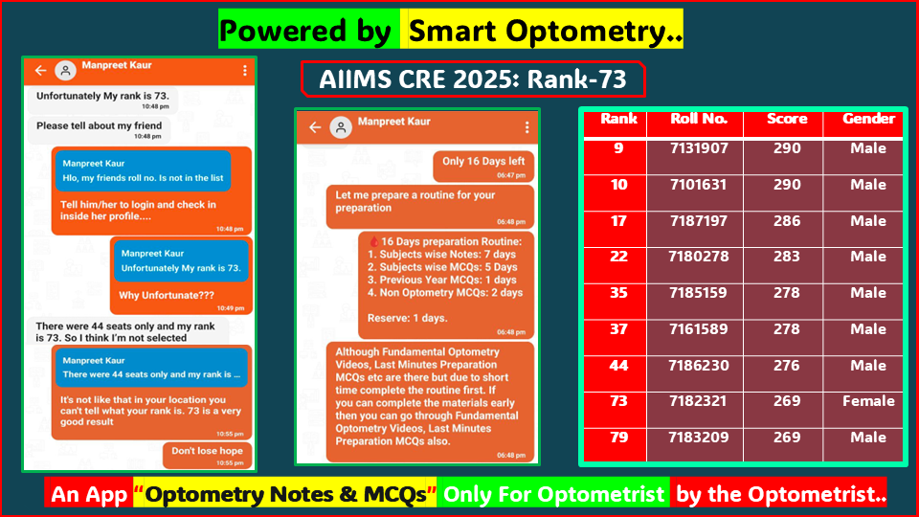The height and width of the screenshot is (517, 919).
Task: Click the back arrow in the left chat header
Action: point(40,71)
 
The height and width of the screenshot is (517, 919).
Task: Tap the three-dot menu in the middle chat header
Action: point(526,127)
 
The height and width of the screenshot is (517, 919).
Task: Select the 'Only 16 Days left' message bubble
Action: point(482,167)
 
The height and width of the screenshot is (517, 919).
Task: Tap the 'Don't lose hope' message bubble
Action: point(207,455)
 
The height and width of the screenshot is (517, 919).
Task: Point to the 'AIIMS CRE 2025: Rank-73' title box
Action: point(473,79)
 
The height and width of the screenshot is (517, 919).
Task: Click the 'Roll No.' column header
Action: point(699,120)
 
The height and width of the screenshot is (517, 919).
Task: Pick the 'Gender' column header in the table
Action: point(868,120)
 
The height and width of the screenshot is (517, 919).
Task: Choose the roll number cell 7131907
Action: point(699,149)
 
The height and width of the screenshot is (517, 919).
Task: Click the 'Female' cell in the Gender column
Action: point(868,401)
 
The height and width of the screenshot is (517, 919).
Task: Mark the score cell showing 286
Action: point(786,221)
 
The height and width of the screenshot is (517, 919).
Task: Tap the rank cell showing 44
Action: point(618,366)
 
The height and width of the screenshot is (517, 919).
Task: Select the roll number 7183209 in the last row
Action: point(699,438)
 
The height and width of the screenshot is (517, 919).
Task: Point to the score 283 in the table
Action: point(786,257)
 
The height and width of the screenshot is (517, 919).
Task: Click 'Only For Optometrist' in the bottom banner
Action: point(554,495)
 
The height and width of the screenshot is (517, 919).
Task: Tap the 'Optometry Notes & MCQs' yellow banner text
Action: point(285,495)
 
